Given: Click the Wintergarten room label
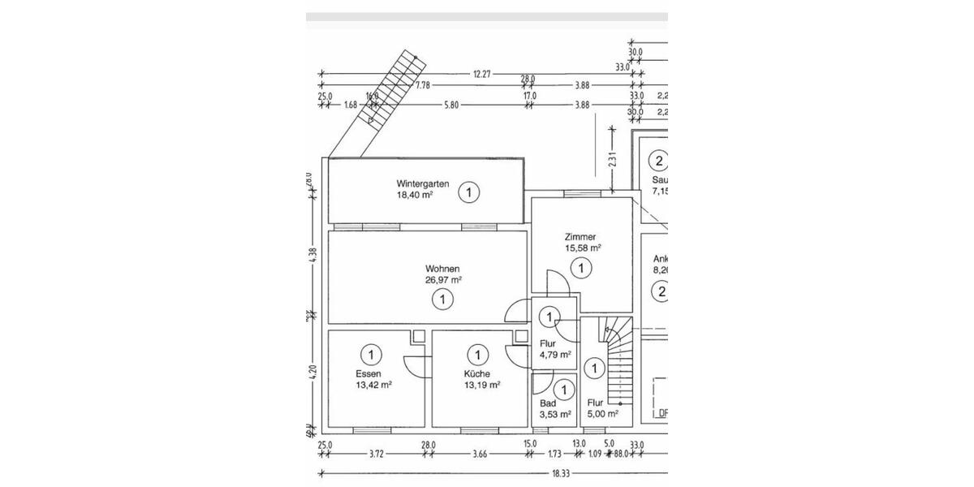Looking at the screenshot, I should pos(423,183).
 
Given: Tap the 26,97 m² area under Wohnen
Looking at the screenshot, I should pos(444,280).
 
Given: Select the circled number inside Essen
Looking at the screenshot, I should pos(371,354).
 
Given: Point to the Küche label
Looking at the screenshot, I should pos(477,373).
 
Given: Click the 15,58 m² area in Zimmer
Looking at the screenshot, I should pos(583,248).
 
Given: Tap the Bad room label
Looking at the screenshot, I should pos(548,403).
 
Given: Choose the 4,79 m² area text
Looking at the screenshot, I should pos(555,355).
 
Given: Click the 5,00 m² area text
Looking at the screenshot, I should pos(603,413).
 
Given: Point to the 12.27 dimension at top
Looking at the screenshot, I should pos(482,74).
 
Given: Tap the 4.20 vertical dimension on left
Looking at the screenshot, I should pos(312,373).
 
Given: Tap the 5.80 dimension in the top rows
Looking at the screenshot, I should pos(451,105).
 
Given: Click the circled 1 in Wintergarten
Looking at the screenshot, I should pos(468,193).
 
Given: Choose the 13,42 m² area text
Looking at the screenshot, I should pos(373,386).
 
